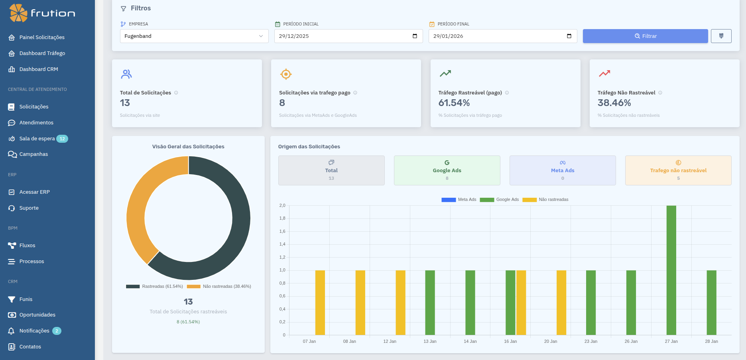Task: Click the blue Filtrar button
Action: point(645,36)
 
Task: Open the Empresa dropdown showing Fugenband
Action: point(194,36)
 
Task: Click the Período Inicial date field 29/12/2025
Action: point(348,36)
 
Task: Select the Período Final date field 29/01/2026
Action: point(502,36)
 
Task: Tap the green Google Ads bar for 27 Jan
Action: point(671,270)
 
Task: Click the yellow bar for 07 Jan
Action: point(320,303)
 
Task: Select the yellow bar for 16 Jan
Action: point(521,303)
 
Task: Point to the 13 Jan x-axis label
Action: point(430,341)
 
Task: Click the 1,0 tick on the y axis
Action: point(282,270)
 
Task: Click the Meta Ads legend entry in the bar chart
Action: point(459,200)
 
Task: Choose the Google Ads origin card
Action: point(447,170)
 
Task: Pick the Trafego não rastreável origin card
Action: point(678,170)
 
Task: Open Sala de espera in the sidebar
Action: point(37,139)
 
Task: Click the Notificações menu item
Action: point(34,331)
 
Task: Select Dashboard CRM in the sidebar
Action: point(38,69)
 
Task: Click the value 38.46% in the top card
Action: point(614,103)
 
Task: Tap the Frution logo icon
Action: point(18,13)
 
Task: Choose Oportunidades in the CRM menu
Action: point(37,315)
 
